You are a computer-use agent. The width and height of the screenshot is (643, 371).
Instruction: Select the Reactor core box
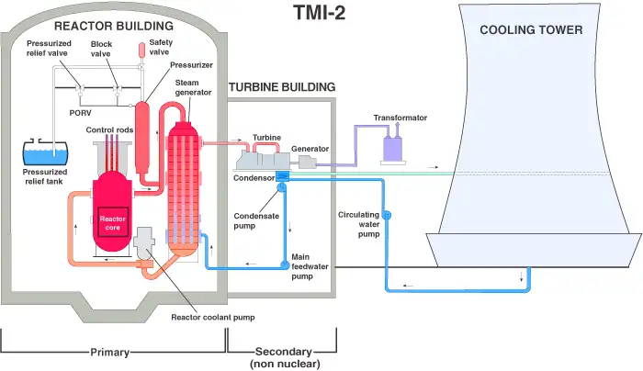(x=113, y=222)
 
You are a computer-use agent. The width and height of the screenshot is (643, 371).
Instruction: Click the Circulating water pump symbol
(x=387, y=215)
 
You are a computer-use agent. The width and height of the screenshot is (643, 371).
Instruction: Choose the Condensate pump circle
(x=283, y=187)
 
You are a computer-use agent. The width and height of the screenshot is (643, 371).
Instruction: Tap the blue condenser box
(x=282, y=174)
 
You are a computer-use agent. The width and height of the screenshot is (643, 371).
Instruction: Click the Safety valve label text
(x=161, y=46)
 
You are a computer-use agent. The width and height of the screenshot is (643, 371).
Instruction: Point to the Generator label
(x=310, y=149)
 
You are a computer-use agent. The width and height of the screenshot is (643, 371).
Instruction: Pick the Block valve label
(x=102, y=49)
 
